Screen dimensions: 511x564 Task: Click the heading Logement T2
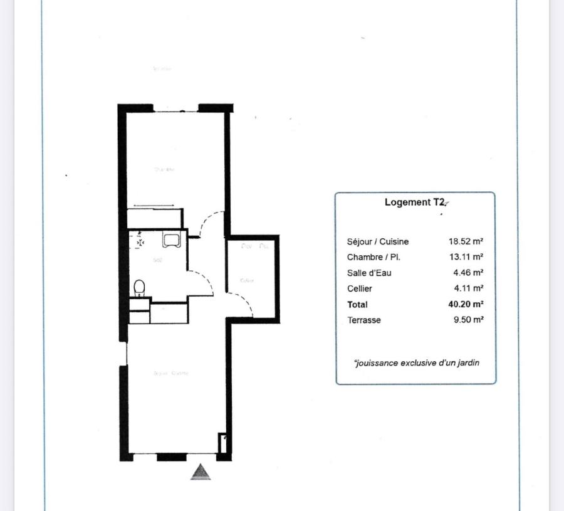point(414,203)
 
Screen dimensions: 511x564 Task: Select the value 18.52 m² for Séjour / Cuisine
point(466,241)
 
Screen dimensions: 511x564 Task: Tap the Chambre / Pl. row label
point(373,257)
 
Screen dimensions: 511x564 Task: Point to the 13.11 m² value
point(466,257)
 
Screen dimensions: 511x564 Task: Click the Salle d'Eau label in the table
point(369,273)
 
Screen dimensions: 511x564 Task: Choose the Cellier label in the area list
point(360,288)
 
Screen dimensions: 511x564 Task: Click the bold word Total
point(358,304)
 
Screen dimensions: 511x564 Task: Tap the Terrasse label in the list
point(364,320)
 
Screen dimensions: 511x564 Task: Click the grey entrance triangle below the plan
point(201,472)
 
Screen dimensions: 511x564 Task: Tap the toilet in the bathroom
point(140,288)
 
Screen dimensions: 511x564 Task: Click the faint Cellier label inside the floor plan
point(247,280)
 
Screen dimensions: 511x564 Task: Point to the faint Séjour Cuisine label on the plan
point(171,373)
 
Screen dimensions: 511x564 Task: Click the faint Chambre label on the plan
point(165,169)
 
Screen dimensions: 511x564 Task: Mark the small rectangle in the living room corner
point(222,443)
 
